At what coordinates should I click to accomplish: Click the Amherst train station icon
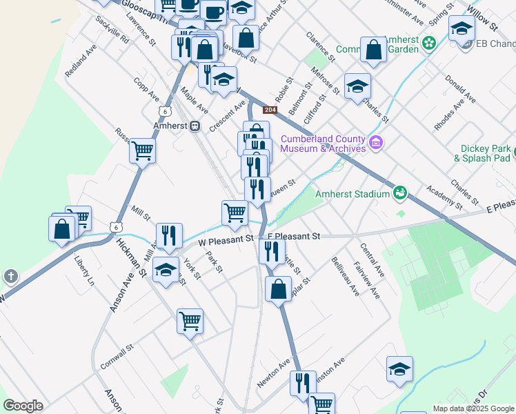[195, 126]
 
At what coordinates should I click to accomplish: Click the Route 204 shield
[270, 110]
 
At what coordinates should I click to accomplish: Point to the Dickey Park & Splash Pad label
[488, 152]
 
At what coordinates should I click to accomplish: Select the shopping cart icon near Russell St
[143, 150]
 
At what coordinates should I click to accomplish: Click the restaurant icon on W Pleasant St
[169, 235]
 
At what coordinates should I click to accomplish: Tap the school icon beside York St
[166, 270]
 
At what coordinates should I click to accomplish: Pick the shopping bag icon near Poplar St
[279, 288]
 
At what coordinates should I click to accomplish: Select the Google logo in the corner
[23, 406]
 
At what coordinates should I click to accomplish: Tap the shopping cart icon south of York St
[190, 320]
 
